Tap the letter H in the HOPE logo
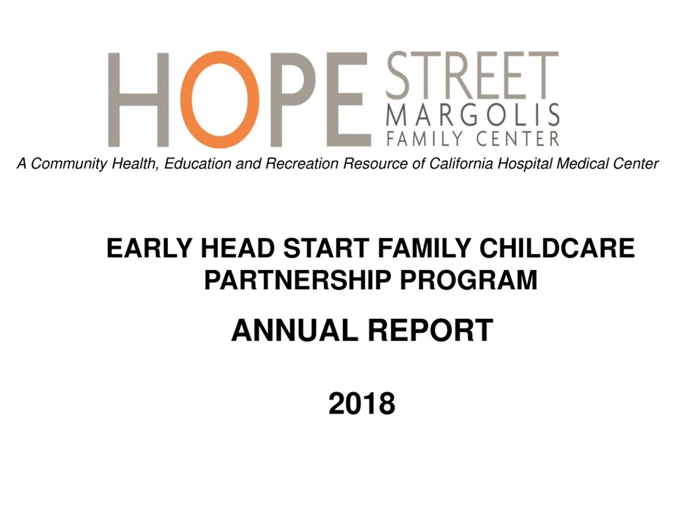tap(138, 100)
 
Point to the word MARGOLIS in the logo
tap(473, 114)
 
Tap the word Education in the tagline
tap(198, 163)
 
